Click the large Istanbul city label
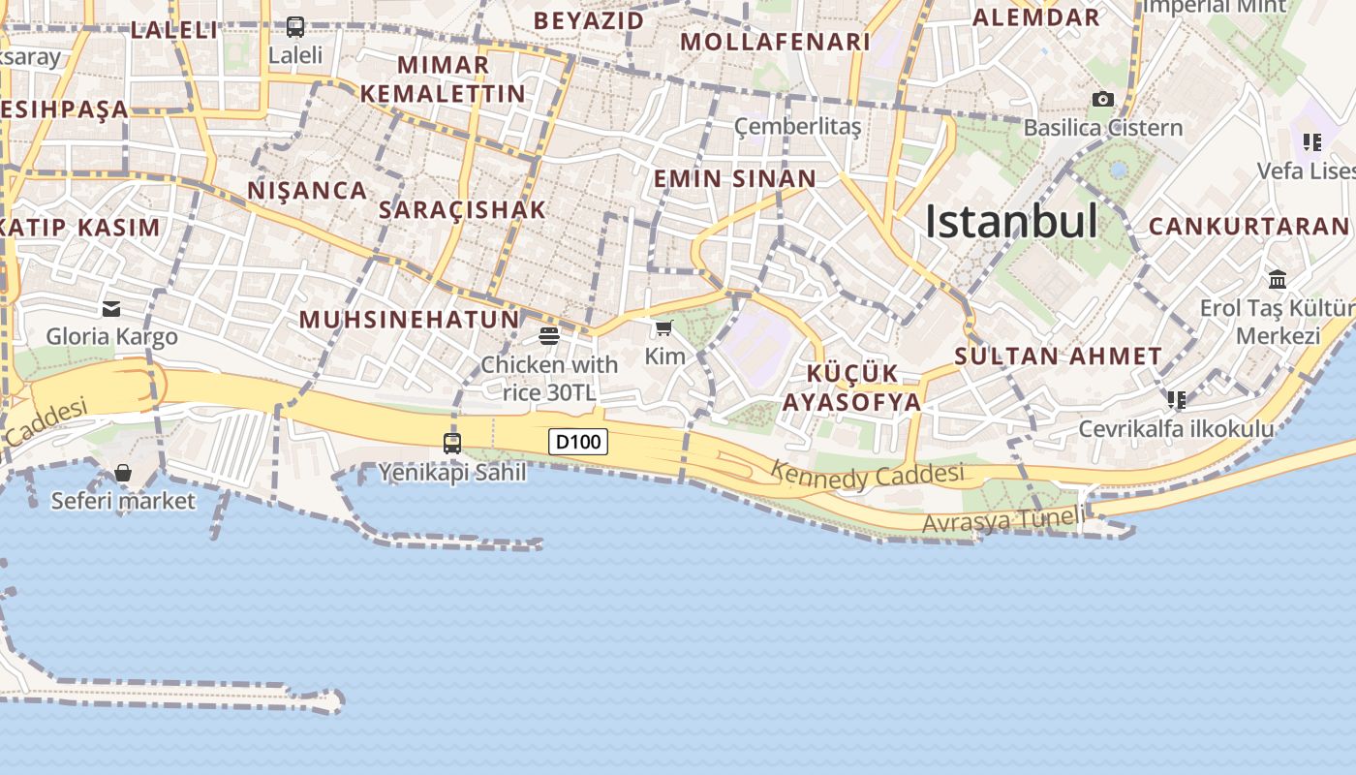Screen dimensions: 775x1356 coord(1011,222)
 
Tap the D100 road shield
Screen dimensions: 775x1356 coord(578,443)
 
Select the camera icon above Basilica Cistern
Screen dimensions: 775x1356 coord(1102,99)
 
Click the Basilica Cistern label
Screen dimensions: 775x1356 coord(1102,128)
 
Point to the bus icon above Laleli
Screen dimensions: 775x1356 coord(295,27)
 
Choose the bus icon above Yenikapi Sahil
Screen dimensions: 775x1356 coord(452,444)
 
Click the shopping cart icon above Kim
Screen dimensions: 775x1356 coord(663,329)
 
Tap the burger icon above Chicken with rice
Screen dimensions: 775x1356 coord(549,336)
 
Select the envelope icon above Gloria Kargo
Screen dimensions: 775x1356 coord(111,309)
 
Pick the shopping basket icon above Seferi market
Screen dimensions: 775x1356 coord(123,473)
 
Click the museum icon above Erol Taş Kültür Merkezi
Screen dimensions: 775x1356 coord(1278,280)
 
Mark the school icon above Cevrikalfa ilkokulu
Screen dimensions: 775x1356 coord(1177,399)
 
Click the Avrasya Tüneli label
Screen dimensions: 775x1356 coord(1003,520)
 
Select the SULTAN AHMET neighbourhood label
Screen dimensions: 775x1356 coord(1058,356)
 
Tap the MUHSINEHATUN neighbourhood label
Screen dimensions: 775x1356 coord(409,320)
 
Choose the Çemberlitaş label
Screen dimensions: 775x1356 coord(797,127)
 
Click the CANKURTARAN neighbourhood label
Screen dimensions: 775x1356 coord(1248,227)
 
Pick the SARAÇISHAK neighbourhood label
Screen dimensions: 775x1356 coord(462,209)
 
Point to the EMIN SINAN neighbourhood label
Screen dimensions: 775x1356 coord(734,178)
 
